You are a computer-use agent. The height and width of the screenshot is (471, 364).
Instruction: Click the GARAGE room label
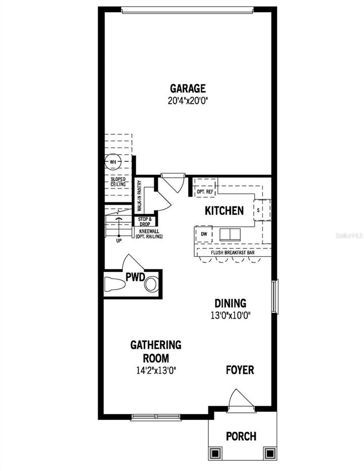point(188,89)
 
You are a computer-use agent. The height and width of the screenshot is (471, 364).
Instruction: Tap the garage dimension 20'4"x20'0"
point(188,100)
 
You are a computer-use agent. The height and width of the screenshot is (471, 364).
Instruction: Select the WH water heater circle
point(112,162)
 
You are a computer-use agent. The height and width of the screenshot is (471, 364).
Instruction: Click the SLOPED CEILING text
point(118,182)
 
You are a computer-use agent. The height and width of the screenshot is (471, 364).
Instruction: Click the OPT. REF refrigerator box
point(204,192)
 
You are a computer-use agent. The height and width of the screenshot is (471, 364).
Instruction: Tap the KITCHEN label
point(224,211)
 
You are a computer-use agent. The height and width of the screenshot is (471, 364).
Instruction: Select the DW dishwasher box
point(204,234)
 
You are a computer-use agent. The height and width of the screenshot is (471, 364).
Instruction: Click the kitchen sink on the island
point(232,234)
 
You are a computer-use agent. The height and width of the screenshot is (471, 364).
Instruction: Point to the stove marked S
point(258,209)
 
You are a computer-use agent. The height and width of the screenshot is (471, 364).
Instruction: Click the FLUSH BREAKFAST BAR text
point(233,252)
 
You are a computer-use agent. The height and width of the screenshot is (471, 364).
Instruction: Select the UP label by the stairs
point(119,241)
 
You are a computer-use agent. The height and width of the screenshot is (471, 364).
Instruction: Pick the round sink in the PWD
point(151,285)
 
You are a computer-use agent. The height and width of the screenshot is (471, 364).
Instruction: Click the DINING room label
point(230,303)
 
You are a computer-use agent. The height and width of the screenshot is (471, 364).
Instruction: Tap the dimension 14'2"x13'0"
point(156,369)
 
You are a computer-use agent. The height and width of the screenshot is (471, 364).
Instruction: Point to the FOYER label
point(240,370)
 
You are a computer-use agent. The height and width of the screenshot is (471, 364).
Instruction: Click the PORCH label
point(241,436)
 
